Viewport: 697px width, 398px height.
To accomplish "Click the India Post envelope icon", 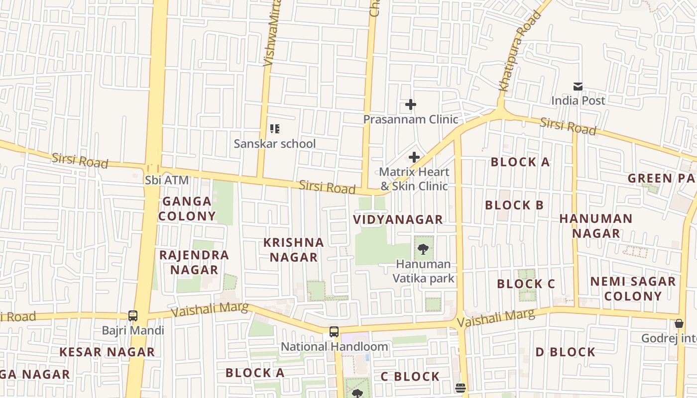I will coord(578,87).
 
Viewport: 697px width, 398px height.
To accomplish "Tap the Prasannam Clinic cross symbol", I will coord(410,104).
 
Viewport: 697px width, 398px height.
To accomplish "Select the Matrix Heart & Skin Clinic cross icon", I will coord(414,158).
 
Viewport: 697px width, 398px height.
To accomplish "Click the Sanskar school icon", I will coord(274,129).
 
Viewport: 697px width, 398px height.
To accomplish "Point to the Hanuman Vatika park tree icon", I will coord(423,249).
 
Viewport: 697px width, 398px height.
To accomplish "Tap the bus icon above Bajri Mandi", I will coord(133,315).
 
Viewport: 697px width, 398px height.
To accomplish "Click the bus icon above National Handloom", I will coord(334,332).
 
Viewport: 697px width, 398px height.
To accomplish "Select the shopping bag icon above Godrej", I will coord(679,324).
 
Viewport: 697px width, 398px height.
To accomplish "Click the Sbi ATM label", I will coord(167,180).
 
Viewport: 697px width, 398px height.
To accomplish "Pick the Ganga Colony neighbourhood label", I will coord(187,209).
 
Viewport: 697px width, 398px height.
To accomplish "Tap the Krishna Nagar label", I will coord(294,250).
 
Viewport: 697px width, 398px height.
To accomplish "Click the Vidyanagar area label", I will coord(398,219).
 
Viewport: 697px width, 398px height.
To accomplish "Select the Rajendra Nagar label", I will coord(194,262).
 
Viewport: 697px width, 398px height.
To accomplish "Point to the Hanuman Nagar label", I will coord(595,226).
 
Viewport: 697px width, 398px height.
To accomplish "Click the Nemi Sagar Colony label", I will coord(633,289).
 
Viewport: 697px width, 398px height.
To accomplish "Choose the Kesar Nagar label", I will coord(107,352).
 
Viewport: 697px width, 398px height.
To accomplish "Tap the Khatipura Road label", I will coord(519,52).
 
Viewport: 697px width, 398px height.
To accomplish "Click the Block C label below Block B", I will coord(526,284).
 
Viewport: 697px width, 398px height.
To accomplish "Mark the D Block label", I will coord(565,352).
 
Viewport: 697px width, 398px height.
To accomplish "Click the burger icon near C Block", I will coord(461,387).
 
